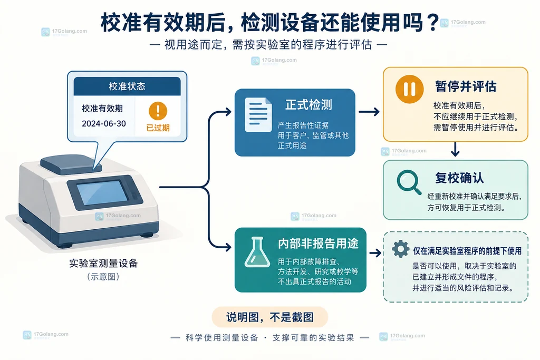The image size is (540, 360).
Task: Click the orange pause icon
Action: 409,89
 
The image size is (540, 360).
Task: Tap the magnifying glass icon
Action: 409,182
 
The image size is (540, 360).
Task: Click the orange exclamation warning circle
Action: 158,111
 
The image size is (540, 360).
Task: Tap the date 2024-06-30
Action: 104,123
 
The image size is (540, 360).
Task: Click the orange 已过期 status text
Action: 158,128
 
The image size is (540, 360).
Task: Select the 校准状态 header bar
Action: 127,86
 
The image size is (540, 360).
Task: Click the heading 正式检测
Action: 308,105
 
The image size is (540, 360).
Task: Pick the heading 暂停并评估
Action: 466,86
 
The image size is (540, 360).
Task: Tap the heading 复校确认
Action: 459,178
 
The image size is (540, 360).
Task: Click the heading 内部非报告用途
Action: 318,244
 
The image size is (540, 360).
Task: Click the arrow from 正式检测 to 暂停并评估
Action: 369,112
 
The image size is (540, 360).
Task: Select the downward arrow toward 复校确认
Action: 455,149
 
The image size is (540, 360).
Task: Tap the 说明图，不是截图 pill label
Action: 269,317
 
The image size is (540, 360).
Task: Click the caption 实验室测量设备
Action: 103,264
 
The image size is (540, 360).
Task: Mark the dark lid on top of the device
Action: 71,164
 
